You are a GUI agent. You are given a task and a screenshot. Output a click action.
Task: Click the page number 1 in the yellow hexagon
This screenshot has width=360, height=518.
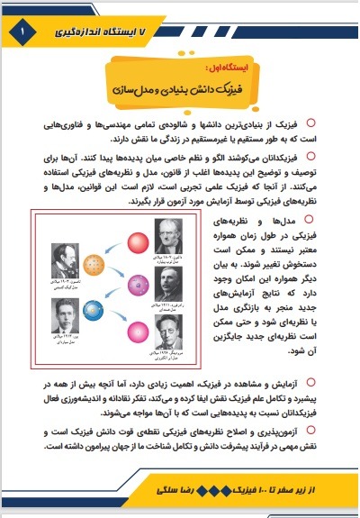(x=19, y=32)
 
